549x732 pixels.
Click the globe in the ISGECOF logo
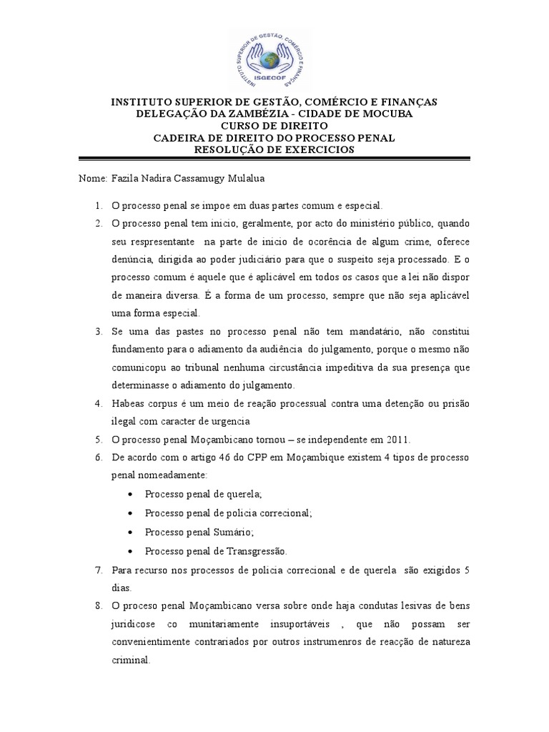(x=274, y=59)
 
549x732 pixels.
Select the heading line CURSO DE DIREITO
(x=274, y=126)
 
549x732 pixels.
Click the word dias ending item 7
(x=122, y=589)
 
